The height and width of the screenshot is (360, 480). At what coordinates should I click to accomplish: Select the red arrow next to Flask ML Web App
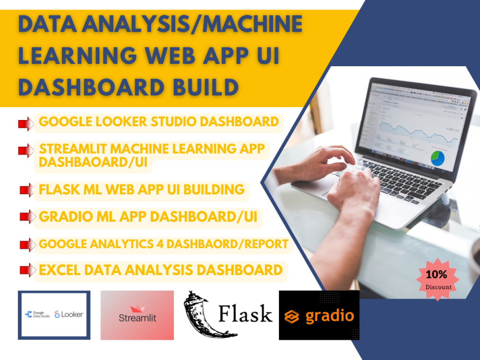(x=26, y=191)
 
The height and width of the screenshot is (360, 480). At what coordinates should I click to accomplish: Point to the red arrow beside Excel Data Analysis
(x=26, y=270)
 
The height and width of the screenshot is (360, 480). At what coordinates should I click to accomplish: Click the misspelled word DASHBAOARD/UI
(x=94, y=163)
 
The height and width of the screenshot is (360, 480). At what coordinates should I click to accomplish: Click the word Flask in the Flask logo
(x=245, y=314)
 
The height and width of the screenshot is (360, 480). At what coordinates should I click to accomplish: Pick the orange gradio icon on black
(x=291, y=316)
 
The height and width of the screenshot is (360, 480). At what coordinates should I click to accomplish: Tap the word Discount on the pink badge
(x=438, y=287)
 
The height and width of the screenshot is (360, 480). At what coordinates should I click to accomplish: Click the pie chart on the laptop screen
(x=437, y=158)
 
